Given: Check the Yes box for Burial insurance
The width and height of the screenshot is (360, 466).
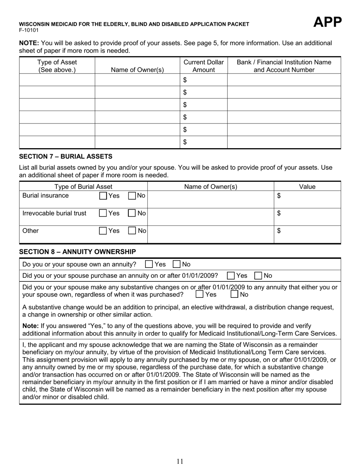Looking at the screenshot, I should (x=103, y=196).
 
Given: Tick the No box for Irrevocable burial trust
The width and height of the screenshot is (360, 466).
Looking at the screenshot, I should (x=132, y=213).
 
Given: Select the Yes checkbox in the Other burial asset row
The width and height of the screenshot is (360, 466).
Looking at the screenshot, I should (x=103, y=231).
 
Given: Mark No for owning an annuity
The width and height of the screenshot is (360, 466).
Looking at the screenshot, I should (x=177, y=264).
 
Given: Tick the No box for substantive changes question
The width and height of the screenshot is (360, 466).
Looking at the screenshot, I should (x=235, y=294).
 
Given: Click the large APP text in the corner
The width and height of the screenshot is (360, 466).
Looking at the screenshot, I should (x=327, y=23).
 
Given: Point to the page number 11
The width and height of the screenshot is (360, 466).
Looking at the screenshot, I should (x=180, y=461).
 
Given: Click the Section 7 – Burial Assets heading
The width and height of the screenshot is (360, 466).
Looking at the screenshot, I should (x=66, y=156).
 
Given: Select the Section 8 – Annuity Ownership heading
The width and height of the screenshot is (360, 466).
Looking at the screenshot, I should (x=77, y=252).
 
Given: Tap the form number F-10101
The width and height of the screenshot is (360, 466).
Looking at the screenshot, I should (x=29, y=30).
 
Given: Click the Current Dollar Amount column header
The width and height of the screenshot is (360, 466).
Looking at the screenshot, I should (x=203, y=66).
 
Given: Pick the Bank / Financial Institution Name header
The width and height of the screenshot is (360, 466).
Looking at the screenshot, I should (x=284, y=66).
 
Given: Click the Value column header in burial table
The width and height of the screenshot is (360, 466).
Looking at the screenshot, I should (x=307, y=186).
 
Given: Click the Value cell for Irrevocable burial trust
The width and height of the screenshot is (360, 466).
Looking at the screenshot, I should (x=307, y=217).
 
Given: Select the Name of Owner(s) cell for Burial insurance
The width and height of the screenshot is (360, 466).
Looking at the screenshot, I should (x=210, y=199).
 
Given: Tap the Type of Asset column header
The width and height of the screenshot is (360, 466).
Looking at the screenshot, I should (x=57, y=66).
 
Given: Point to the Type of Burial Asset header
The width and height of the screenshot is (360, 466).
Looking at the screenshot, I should (x=83, y=186).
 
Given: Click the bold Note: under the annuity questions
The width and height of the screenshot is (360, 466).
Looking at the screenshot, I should (x=30, y=326).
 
